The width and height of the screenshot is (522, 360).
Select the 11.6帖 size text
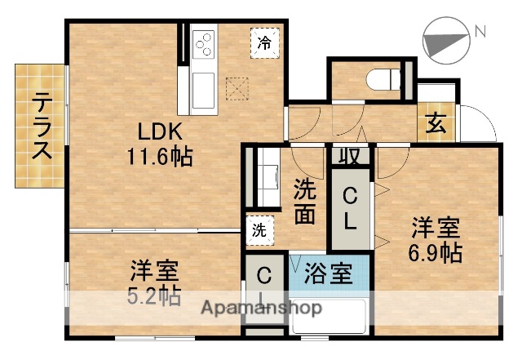[158, 156]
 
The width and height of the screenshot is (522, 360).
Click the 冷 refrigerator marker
[264, 42]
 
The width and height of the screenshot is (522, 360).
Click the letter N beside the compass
[480, 32]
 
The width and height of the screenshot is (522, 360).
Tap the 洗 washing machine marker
[259, 229]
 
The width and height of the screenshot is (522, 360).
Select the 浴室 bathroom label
[329, 274]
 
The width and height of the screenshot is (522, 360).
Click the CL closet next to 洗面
[349, 207]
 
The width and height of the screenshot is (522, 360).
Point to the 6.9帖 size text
[436, 252]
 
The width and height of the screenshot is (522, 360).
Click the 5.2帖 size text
[153, 296]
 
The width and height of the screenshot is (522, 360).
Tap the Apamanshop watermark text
[261, 309]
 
